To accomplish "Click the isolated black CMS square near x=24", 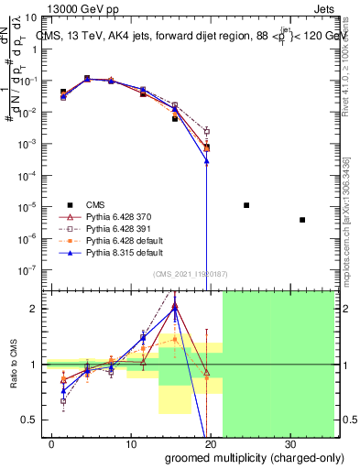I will tap(246, 205).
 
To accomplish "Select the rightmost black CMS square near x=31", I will tap(302, 220).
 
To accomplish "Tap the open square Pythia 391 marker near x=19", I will tap(207, 131).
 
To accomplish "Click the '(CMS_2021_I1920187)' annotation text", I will tap(189, 275).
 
